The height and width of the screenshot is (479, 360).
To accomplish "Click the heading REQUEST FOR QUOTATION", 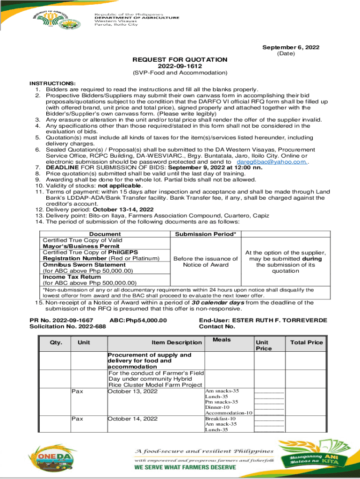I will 180,59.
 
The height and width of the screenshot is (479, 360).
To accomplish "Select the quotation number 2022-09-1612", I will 180,66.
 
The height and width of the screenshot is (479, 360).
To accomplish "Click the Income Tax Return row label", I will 65,276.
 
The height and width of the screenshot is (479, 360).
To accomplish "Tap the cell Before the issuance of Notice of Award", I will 205,261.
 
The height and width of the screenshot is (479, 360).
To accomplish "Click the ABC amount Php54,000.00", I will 138,320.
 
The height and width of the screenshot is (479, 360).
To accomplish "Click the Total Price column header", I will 307,342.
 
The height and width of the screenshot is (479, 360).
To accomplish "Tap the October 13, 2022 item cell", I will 133,391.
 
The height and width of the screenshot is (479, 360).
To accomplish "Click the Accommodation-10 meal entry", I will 229,413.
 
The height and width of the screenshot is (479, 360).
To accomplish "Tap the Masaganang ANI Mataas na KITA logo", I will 314,458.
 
